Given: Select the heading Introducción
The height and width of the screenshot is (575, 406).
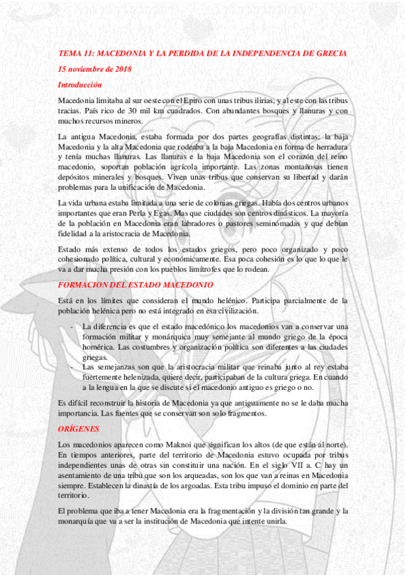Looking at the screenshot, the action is (80, 85).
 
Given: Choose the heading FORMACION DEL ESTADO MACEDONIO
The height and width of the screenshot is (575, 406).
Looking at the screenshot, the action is (136, 285).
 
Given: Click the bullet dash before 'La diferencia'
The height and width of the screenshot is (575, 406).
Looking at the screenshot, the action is (73, 327).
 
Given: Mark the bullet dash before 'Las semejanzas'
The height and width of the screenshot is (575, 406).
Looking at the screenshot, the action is (73, 366).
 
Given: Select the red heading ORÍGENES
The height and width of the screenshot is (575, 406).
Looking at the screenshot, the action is (79, 429).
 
